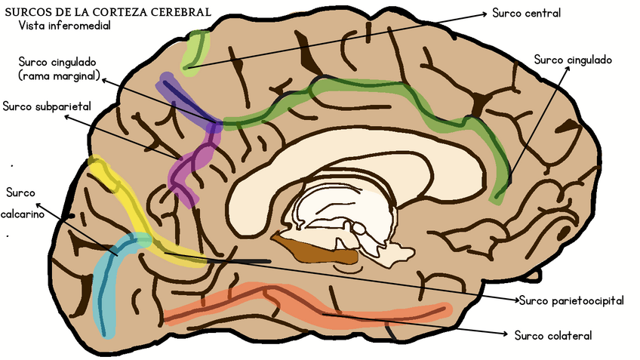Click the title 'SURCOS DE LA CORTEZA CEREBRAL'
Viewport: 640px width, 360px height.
pyautogui.click(x=107, y=11)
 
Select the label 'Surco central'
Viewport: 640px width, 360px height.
pyautogui.click(x=526, y=13)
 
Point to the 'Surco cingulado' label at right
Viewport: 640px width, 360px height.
pyautogui.click(x=572, y=59)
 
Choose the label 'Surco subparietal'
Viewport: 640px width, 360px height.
pyautogui.click(x=47, y=106)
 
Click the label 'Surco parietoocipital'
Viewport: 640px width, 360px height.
pyautogui.click(x=572, y=300)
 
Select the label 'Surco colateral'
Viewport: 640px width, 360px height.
pyautogui.click(x=553, y=334)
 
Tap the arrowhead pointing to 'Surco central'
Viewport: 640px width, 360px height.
pyautogui.click(x=485, y=14)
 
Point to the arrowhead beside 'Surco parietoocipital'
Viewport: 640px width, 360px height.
pyautogui.click(x=516, y=300)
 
